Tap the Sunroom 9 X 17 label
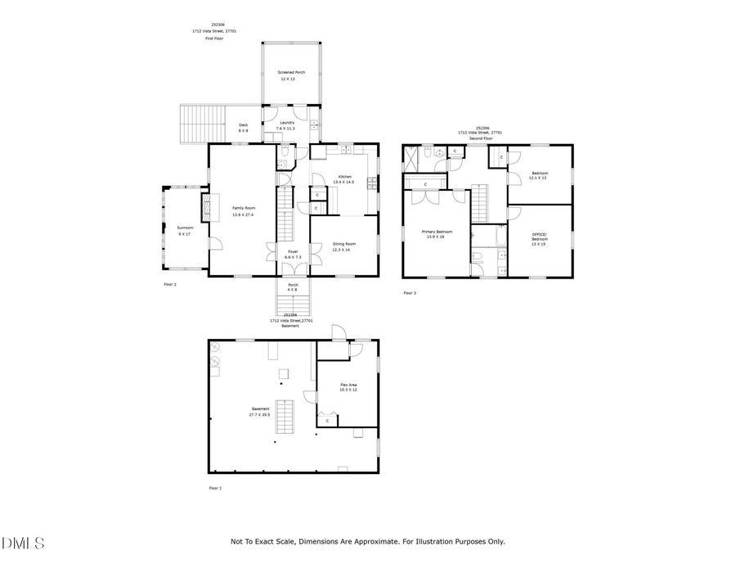(x=184, y=231)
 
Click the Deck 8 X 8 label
(x=243, y=128)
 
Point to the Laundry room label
(x=286, y=125)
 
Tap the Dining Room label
(x=343, y=246)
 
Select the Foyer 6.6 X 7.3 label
(x=293, y=255)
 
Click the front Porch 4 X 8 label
(x=293, y=287)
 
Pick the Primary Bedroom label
(x=433, y=234)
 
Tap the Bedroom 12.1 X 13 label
(x=540, y=175)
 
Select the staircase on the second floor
(x=478, y=202)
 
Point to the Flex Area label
(x=349, y=387)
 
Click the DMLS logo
(x=23, y=543)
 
